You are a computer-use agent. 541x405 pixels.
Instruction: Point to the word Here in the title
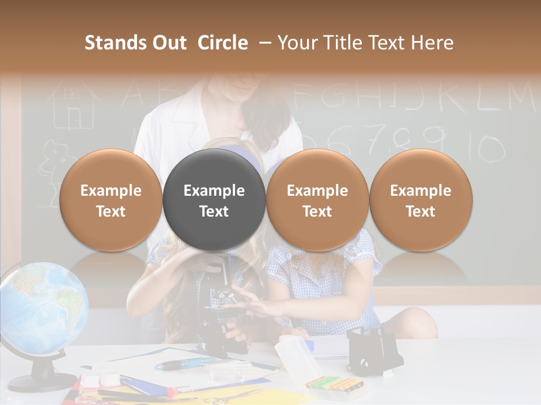(432, 43)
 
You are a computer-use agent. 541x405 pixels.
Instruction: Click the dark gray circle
(214, 200)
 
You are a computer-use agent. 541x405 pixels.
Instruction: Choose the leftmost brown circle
(110, 200)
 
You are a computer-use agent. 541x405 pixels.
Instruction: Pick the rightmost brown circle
(420, 200)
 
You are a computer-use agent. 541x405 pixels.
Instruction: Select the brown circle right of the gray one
(317, 200)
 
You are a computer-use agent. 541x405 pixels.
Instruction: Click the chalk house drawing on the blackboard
(70, 107)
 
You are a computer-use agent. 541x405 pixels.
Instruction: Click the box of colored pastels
(332, 385)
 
